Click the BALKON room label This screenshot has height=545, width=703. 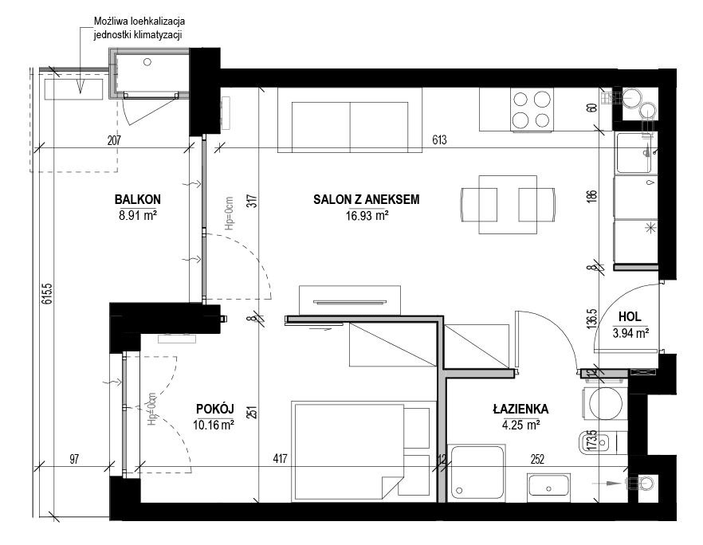point(137,199)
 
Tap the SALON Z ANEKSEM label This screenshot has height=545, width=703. point(367,199)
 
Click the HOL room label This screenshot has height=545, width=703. point(630,316)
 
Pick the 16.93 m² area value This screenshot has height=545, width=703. point(367,216)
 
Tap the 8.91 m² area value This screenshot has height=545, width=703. point(137,216)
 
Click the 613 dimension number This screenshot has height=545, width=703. point(439,140)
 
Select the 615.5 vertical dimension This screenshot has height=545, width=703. point(47,293)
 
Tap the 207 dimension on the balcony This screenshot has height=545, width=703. point(114,140)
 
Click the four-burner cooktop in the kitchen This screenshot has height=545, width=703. point(532,109)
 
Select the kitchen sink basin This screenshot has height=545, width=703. point(634,153)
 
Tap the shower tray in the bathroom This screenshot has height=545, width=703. point(478,472)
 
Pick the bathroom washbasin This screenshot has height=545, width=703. point(548,485)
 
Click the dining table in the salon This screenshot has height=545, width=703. point(508,204)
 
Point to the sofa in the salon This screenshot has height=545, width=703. point(350,120)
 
